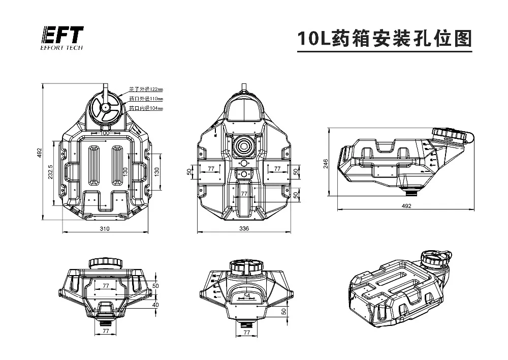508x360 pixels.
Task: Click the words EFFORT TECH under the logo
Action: click(61, 48)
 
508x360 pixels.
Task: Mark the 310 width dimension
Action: click(105, 229)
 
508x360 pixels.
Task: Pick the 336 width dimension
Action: click(244, 229)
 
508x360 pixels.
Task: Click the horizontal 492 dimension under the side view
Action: click(406, 206)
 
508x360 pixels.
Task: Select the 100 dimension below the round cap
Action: click(105, 133)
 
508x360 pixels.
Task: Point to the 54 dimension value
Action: click(247, 295)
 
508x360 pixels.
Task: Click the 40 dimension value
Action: click(155, 305)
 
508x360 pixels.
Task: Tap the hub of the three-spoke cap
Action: click(105, 108)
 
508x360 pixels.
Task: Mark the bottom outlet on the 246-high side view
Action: click(412, 192)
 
